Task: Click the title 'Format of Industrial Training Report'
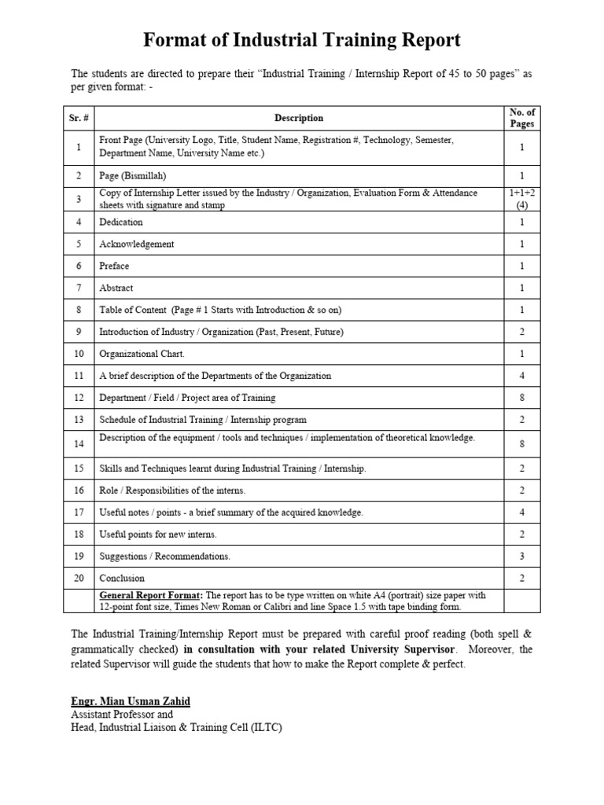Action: pyautogui.click(x=301, y=40)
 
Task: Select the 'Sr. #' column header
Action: pyautogui.click(x=79, y=118)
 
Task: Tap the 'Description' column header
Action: pyautogui.click(x=298, y=118)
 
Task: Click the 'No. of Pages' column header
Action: pyautogui.click(x=521, y=118)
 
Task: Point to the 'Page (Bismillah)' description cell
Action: pyautogui.click(x=132, y=176)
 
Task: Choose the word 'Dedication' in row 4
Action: pyautogui.click(x=120, y=222)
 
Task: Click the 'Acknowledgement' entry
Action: pyautogui.click(x=136, y=244)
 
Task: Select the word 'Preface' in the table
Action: pyautogui.click(x=114, y=266)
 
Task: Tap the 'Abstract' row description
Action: pyautogui.click(x=116, y=288)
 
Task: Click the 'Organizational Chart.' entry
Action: pyautogui.click(x=142, y=354)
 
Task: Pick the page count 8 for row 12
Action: pyautogui.click(x=521, y=398)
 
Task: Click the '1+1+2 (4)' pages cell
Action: pyautogui.click(x=521, y=199)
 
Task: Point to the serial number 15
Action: pyautogui.click(x=79, y=469)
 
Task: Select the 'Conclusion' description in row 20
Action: pyautogui.click(x=121, y=578)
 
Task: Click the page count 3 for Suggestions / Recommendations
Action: pyautogui.click(x=521, y=556)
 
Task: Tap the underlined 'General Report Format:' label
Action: pyautogui.click(x=150, y=595)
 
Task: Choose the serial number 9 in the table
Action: pyautogui.click(x=79, y=332)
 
